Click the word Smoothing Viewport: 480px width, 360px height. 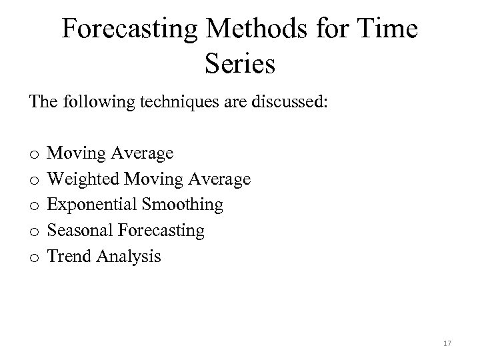click(x=183, y=205)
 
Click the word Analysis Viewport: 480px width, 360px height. click(x=131, y=256)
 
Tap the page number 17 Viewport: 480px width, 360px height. click(x=447, y=343)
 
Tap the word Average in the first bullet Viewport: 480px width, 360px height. click(x=145, y=154)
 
